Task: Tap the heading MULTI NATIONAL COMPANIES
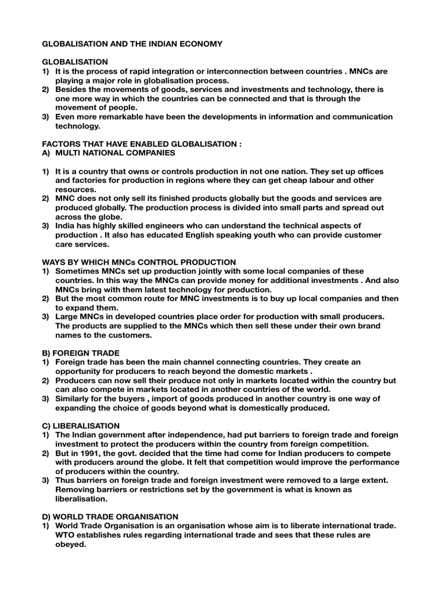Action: pyautogui.click(x=115, y=154)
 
